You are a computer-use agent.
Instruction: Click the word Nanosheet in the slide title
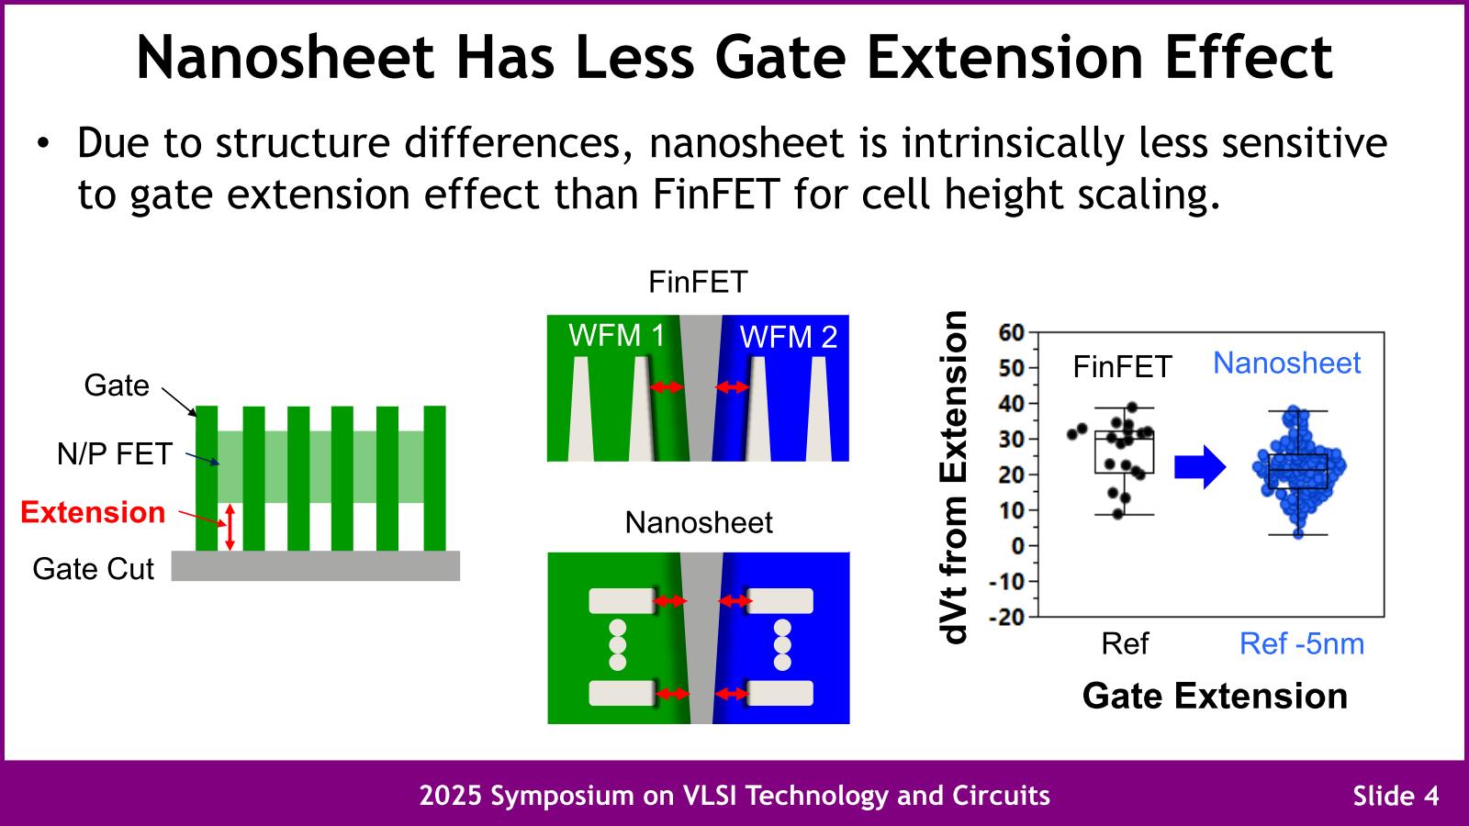(x=285, y=57)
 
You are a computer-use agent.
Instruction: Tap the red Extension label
(x=93, y=512)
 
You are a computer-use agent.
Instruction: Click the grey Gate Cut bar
(x=315, y=565)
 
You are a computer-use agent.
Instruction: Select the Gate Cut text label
(x=93, y=569)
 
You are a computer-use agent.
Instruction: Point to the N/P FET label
(x=114, y=453)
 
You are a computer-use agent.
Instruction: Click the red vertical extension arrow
(x=230, y=527)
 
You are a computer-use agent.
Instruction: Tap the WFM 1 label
(x=616, y=336)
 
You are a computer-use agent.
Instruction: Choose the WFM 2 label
(x=789, y=338)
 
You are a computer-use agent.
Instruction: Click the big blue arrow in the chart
(x=1200, y=467)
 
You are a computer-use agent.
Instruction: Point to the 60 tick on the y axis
(x=1011, y=332)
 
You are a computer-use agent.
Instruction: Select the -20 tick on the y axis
(x=1006, y=617)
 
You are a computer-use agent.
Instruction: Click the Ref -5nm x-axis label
(x=1301, y=644)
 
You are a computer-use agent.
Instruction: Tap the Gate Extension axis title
(x=1215, y=696)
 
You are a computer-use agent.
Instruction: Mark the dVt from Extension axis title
(x=955, y=477)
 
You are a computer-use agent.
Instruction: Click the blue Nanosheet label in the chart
(x=1286, y=363)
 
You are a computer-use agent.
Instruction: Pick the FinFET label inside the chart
(x=1122, y=367)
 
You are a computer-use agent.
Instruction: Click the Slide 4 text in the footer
(x=1396, y=796)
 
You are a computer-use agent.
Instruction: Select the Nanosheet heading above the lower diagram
(x=699, y=522)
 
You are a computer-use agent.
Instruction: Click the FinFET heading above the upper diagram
(x=698, y=282)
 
